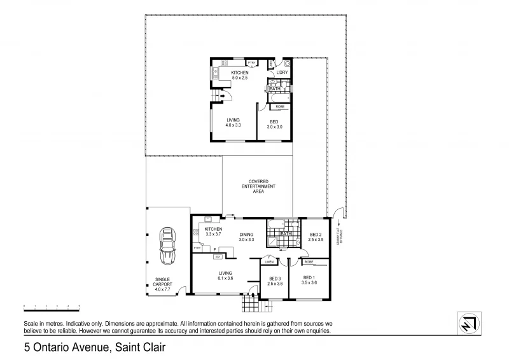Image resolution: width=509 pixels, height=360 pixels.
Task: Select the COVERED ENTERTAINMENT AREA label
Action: tap(258, 185)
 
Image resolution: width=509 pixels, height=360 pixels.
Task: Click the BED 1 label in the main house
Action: tap(309, 280)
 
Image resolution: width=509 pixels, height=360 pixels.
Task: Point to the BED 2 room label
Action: tap(316, 237)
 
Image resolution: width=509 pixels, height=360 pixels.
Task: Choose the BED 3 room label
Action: tap(275, 280)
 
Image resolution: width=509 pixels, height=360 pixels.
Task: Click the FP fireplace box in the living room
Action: tap(218, 257)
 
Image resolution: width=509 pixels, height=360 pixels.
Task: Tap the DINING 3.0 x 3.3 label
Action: tap(246, 237)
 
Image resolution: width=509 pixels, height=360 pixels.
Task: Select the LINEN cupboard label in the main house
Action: tap(269, 261)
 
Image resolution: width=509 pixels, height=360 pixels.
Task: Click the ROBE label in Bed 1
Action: tap(309, 261)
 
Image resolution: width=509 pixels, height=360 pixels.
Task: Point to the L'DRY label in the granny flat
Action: tap(282, 73)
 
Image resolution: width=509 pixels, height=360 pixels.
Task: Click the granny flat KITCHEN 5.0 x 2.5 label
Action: tap(239, 75)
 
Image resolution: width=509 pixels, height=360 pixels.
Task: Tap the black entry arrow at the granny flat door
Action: tap(222, 96)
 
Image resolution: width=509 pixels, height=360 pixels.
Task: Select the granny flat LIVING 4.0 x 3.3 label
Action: tap(233, 123)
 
